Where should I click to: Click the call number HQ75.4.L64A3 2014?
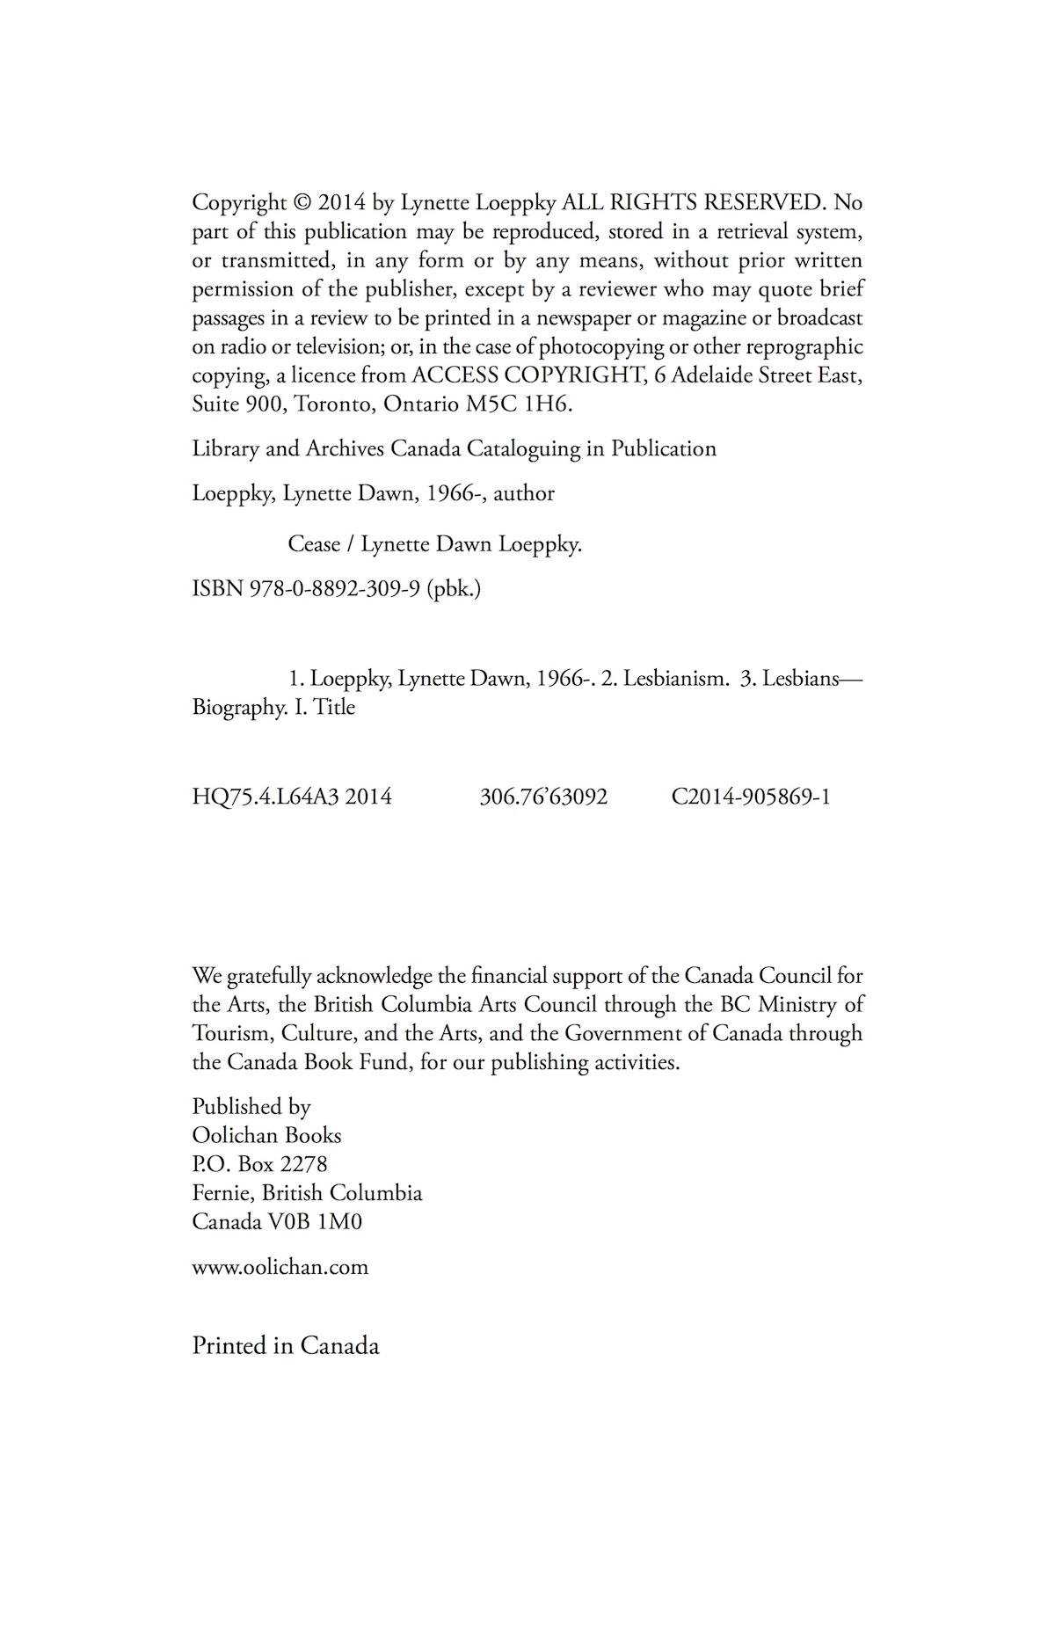pyautogui.click(x=292, y=797)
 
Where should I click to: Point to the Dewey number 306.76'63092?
pyautogui.click(x=543, y=797)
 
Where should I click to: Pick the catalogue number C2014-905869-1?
pyautogui.click(x=751, y=797)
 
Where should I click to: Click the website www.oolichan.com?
pyautogui.click(x=280, y=1267)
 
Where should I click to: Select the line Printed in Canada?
pyautogui.click(x=286, y=1346)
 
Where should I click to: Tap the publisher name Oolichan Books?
pyautogui.click(x=266, y=1135)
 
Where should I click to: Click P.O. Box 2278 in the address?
pyautogui.click(x=259, y=1164)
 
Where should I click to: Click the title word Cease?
pyautogui.click(x=314, y=544)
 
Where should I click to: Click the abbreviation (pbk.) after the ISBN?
pyautogui.click(x=454, y=588)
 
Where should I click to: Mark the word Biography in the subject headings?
pyautogui.click(x=235, y=708)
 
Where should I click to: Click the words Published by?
pyautogui.click(x=251, y=1106)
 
